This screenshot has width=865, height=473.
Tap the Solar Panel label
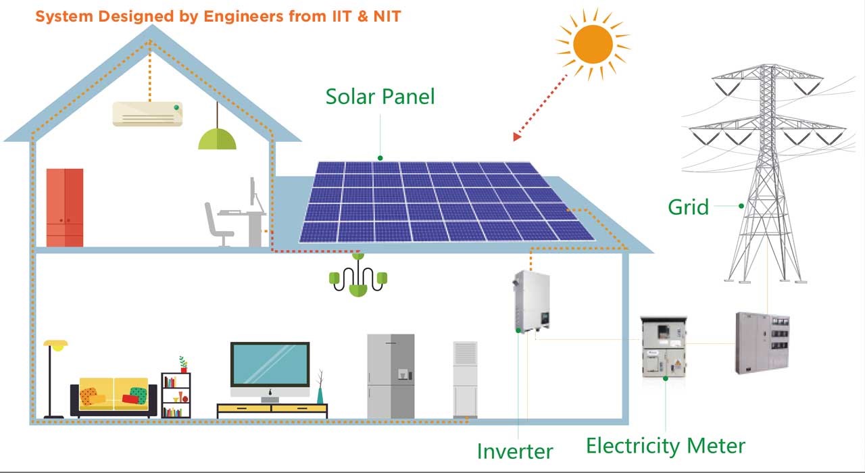380,96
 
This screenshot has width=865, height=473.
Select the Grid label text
688,206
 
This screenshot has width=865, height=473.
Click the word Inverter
514,451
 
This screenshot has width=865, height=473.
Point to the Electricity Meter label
665,446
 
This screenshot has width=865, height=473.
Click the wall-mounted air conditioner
147,114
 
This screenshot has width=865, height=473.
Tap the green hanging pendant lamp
217,139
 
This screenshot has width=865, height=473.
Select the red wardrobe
65,207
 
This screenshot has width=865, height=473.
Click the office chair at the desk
218,224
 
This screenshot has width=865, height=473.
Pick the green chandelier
357,277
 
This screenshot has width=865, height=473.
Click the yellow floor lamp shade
56,345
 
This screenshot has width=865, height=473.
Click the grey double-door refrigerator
391,376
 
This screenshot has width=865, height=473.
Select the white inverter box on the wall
528,301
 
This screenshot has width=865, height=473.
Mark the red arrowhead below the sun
518,136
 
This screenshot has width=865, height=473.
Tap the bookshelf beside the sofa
176,395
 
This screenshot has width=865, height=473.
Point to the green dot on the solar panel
380,158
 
